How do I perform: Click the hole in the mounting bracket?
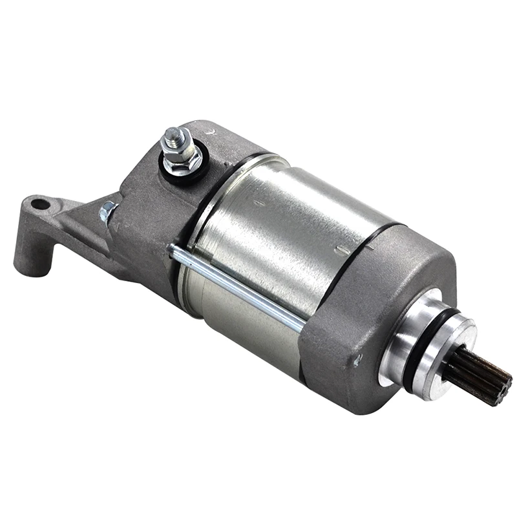[x=40, y=205]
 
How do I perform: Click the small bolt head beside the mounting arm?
[x=107, y=211]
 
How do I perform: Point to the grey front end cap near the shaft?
[x=362, y=304]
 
